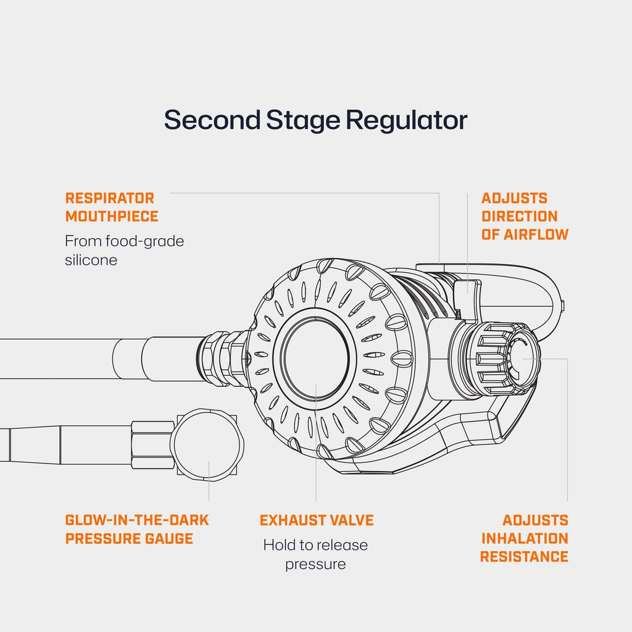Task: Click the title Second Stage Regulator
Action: point(315,120)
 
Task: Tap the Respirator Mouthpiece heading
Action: point(111,207)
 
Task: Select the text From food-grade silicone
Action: point(124,250)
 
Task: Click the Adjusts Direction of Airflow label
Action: point(525,216)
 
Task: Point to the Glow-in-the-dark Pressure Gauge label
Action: point(137,529)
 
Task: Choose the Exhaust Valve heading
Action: point(316,520)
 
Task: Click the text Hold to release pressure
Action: point(315,554)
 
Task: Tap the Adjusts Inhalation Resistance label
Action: point(525,538)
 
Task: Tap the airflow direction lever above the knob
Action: point(467,295)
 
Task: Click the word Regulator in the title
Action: point(405,120)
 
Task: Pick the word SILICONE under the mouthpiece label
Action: point(91,259)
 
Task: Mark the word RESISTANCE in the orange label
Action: point(524,556)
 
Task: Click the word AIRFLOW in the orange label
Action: point(536,234)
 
